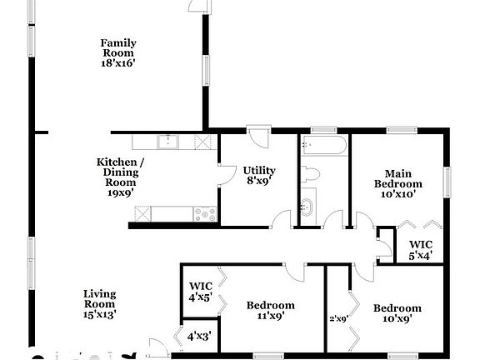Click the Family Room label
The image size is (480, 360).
118,52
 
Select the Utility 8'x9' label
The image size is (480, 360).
259,175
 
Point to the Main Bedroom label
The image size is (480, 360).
397,183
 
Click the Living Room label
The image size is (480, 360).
100,303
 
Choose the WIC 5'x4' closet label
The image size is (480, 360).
420,250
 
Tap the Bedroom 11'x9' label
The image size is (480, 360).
270,311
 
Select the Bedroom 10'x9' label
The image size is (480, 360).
397,311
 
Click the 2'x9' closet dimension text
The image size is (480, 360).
337,317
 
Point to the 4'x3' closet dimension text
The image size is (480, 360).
198,337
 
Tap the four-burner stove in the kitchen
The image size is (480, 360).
205,213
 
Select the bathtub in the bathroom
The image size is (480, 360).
322,147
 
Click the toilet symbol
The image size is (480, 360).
311,174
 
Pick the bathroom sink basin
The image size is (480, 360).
307,206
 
